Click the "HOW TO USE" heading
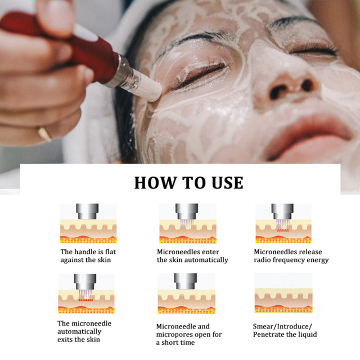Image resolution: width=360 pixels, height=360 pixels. click(x=188, y=183)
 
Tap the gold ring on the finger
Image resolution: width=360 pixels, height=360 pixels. click(x=44, y=133)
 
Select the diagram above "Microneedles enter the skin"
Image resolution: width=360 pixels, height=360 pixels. click(x=187, y=224)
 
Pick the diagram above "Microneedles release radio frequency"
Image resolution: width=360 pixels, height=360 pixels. click(x=283, y=224)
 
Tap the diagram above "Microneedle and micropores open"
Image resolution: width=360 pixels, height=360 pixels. click(x=185, y=294)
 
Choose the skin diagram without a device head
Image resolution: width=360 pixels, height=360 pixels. click(x=283, y=294)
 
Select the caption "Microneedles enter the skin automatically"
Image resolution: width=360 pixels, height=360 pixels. click(x=192, y=256)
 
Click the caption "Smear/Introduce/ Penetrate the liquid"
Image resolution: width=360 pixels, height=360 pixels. click(x=285, y=330)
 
